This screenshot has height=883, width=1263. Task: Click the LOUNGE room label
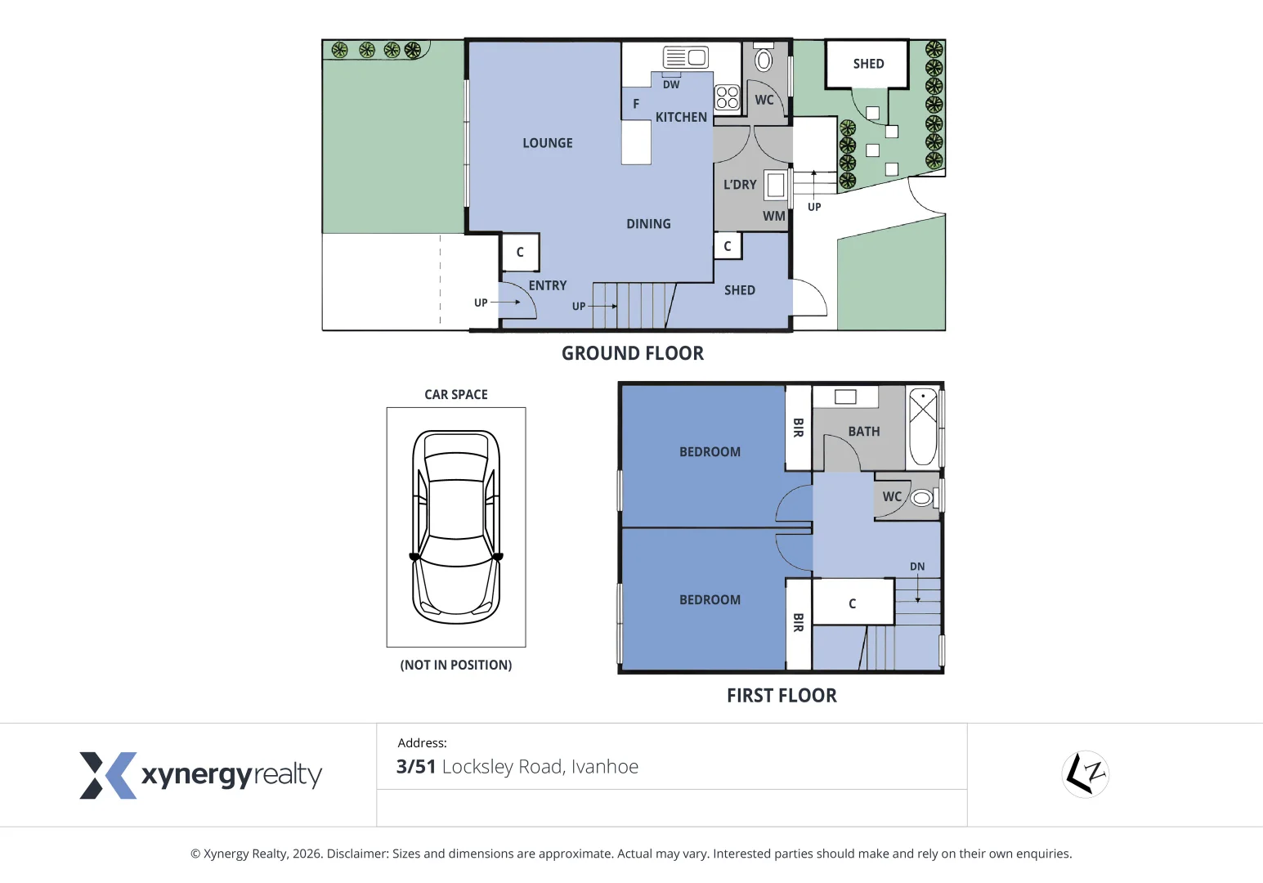548,143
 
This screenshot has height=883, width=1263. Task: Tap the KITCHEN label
681,118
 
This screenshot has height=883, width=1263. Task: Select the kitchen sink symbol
685,57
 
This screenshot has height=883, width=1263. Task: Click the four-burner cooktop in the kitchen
727,97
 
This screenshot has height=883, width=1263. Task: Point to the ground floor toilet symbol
764,59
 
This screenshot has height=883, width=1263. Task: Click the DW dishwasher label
671,85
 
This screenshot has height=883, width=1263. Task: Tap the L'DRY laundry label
740,185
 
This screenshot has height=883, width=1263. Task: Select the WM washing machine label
773,217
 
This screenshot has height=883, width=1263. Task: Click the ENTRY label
548,285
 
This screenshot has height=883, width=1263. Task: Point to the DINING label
648,224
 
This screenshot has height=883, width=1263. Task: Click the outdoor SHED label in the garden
868,64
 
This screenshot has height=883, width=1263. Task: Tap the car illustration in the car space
456,527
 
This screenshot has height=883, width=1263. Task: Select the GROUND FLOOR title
632,353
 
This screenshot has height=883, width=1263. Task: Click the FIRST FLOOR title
782,696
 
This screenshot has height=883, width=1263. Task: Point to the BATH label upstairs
864,432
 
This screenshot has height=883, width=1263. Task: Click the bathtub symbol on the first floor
923,426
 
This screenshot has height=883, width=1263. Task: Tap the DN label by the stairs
917,567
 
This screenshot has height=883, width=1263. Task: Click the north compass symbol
1085,773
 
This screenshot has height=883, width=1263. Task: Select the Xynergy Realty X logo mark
107,775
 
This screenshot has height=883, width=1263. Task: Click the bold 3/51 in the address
416,767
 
